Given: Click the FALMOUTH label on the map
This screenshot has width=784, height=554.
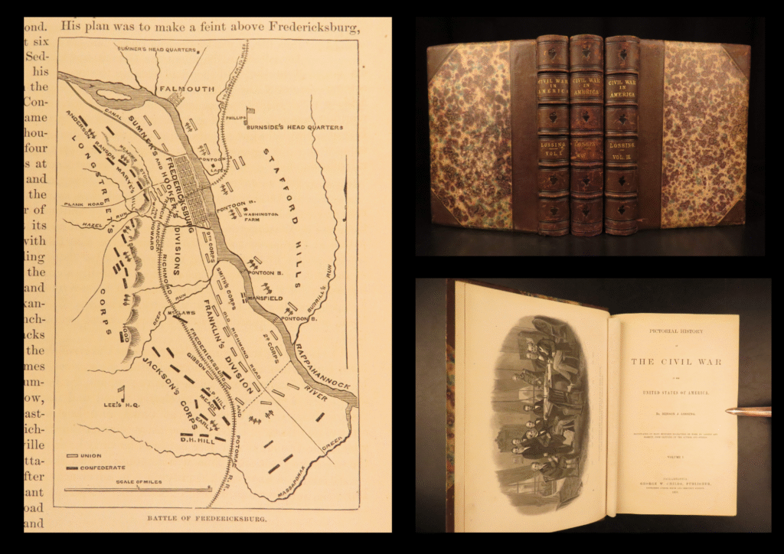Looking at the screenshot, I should [x=186, y=89].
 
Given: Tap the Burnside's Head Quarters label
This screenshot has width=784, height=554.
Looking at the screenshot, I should [x=296, y=127].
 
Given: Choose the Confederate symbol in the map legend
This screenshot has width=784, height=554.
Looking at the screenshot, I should [x=74, y=466].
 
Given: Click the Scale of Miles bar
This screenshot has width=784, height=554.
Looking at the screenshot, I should [x=137, y=489].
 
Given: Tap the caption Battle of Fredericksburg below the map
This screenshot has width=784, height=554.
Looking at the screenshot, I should [x=207, y=518].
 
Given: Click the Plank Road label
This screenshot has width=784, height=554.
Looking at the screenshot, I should [x=84, y=205].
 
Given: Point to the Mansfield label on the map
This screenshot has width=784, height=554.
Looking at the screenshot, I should [x=264, y=296].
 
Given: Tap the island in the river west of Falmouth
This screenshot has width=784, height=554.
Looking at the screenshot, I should [x=115, y=96].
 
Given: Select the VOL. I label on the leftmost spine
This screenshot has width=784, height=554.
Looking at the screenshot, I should [x=553, y=152].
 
